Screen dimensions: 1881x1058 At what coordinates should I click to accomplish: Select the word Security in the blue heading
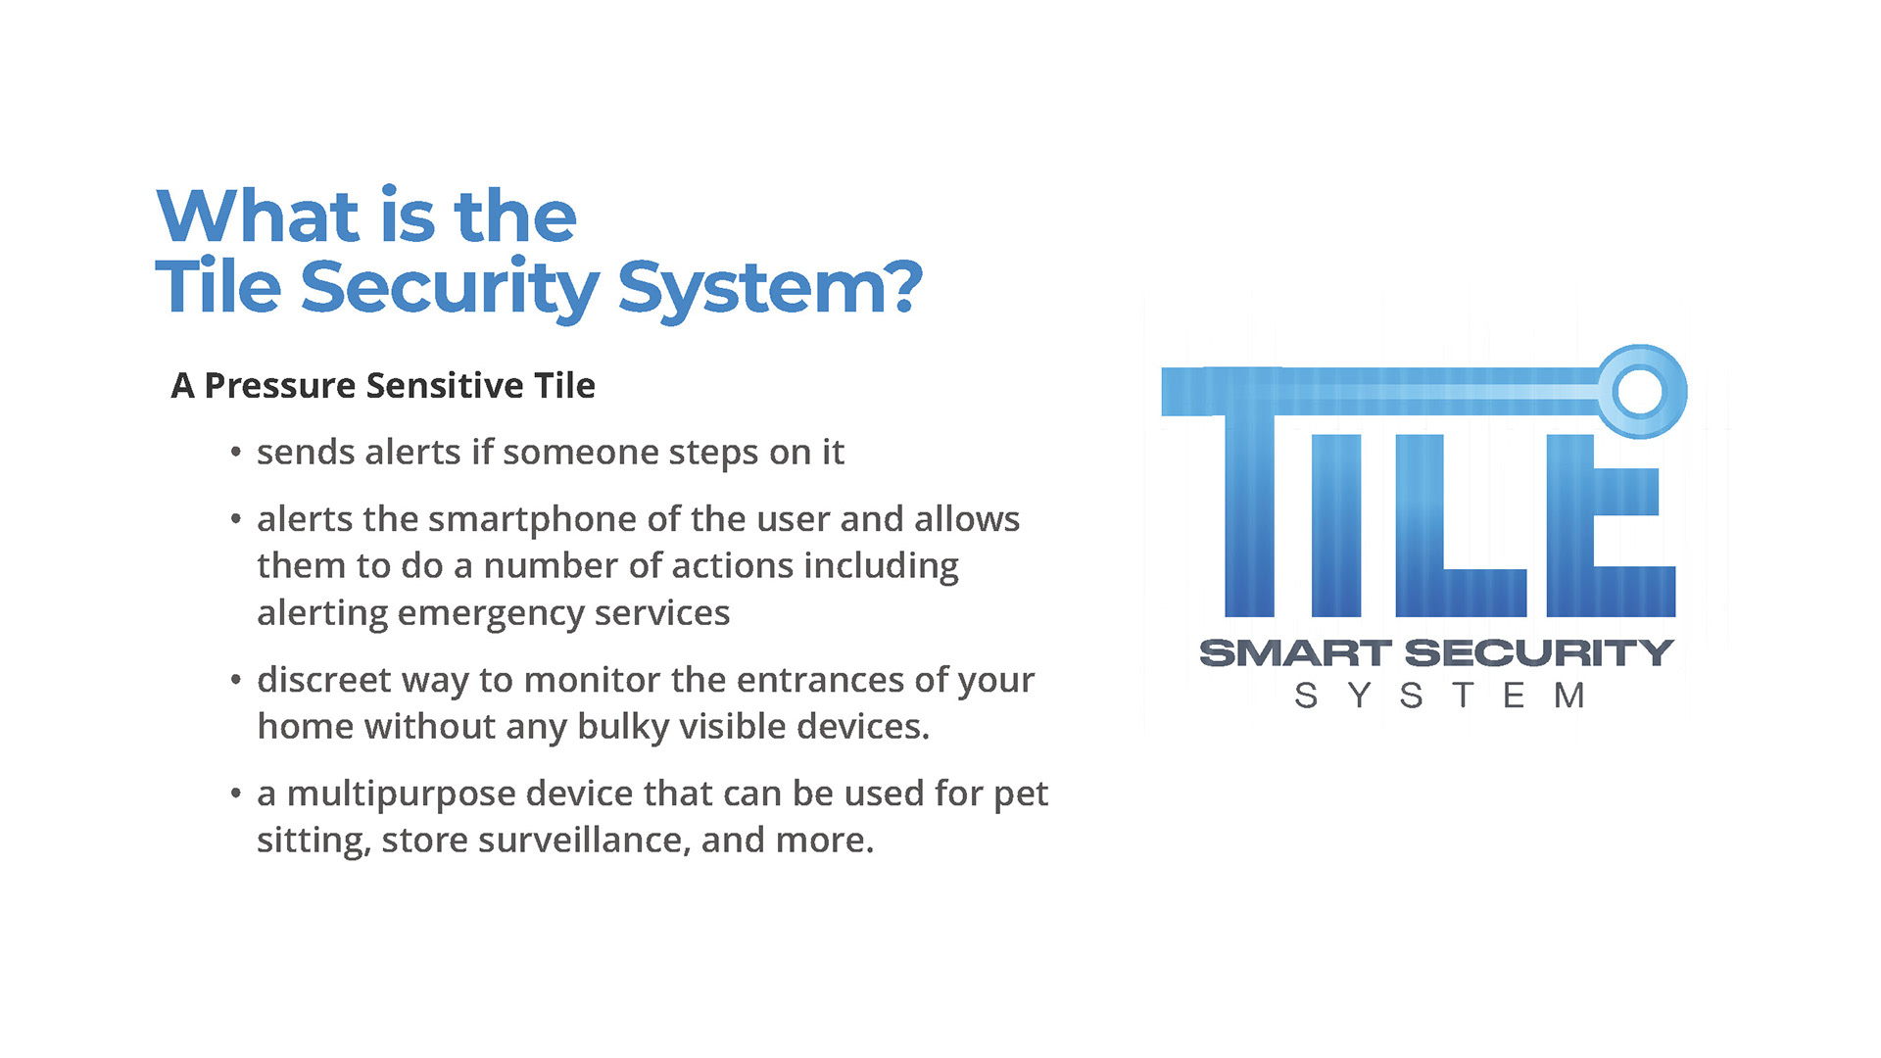click(x=450, y=290)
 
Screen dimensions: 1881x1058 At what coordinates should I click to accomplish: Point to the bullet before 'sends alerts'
click(x=235, y=453)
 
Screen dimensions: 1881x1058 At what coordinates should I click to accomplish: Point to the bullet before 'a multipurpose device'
click(x=235, y=793)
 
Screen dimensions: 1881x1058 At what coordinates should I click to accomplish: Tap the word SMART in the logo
click(x=1295, y=653)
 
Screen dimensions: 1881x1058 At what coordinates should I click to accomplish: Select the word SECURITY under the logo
click(x=1539, y=653)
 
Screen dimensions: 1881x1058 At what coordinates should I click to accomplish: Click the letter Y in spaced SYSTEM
click(x=1359, y=696)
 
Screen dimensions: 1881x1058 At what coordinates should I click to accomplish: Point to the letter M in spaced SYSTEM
click(x=1569, y=696)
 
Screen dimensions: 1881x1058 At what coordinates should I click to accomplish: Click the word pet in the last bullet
click(x=1021, y=794)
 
